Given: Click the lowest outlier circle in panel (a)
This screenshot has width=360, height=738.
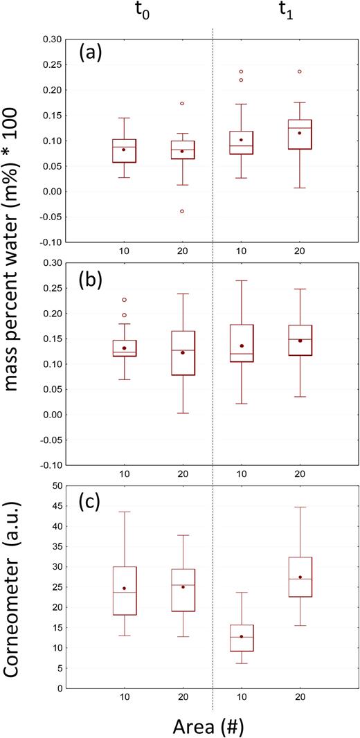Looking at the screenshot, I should click(x=182, y=211).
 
